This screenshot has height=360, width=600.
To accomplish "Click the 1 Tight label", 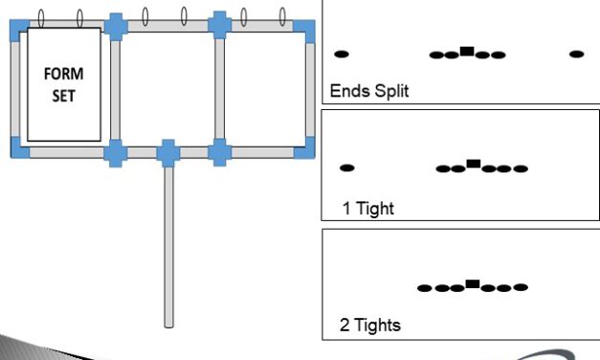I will coord(368,207).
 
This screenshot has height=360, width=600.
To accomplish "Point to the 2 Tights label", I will coord(370,325).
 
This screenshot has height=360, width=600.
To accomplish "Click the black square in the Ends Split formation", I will coord(466,52).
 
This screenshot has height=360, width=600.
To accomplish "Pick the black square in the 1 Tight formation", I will coord(473,165).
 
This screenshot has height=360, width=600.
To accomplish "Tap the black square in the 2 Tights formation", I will coord(472,284).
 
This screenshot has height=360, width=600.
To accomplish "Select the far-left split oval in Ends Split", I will coord(341,54).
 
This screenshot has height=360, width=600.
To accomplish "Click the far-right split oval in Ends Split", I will coord(576,54).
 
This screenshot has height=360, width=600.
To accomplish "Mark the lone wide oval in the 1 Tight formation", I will coord(347,168).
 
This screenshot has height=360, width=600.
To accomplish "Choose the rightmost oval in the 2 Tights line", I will coord(520,287).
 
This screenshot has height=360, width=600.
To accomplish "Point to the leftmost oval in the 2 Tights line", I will coord(425,287).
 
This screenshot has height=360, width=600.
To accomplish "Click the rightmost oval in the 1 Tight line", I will coord(520,169).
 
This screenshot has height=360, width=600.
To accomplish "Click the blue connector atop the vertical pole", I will coord(168,150).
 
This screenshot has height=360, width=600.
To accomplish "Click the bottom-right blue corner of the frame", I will coord(305,147).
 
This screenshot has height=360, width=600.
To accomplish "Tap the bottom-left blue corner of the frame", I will coord(19,147).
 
